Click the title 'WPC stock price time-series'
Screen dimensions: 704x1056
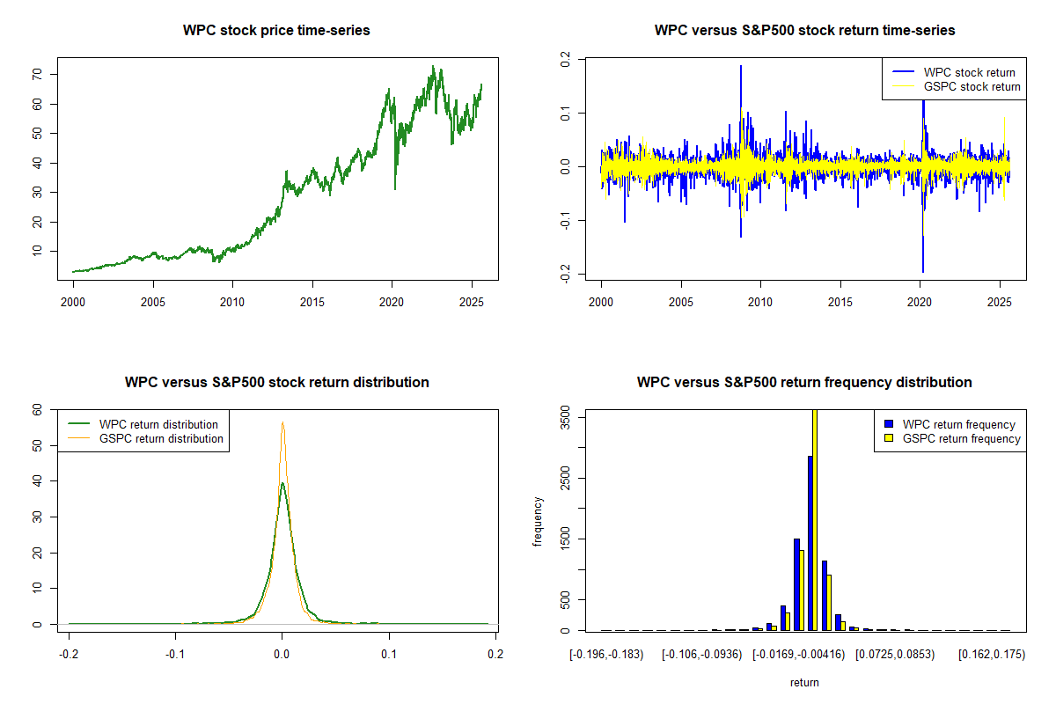(x=276, y=30)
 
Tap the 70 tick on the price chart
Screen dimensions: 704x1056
(x=37, y=75)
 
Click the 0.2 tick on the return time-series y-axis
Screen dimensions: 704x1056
(x=565, y=59)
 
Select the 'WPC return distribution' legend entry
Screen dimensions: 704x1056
(x=158, y=424)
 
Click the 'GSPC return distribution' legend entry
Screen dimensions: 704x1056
(x=161, y=438)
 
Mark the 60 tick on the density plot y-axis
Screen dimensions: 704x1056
(x=37, y=409)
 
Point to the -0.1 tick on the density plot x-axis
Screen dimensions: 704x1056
(x=175, y=654)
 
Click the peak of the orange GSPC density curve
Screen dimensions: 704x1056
(x=282, y=423)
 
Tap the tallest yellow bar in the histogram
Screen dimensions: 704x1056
(x=815, y=519)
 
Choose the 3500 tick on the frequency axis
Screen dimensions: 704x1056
(x=565, y=419)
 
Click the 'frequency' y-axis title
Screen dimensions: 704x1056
(x=539, y=522)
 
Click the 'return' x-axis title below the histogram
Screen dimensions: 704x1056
(x=804, y=682)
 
